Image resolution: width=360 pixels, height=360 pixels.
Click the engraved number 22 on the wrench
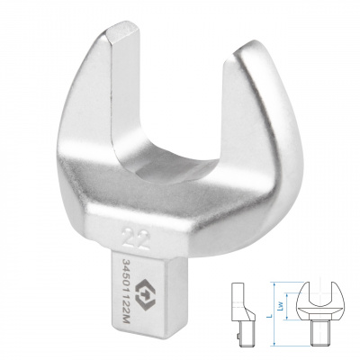[137, 238]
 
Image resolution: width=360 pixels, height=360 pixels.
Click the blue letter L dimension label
[269, 315]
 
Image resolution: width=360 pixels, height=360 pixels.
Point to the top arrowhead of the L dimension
[274, 283]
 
